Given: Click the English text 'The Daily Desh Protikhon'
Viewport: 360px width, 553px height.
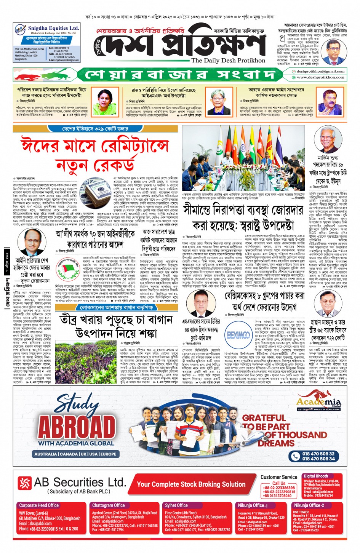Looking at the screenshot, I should pyautogui.click(x=228, y=61).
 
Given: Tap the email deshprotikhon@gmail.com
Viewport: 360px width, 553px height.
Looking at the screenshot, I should pyautogui.click(x=320, y=71).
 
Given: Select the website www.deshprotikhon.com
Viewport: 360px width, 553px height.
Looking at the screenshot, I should pyautogui.click(x=320, y=77).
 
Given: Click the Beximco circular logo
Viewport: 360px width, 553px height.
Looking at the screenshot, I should pyautogui.click(x=238, y=335).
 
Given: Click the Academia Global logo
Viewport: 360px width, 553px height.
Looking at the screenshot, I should pyautogui.click(x=319, y=402).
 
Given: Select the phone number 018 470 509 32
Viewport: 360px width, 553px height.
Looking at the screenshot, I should pyautogui.click(x=318, y=454).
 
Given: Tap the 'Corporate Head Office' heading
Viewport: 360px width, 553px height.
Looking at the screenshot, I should pyautogui.click(x=39, y=505).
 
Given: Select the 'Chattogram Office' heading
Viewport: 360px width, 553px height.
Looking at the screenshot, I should pyautogui.click(x=109, y=505).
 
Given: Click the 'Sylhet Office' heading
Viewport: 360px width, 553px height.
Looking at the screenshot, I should pyautogui.click(x=176, y=505).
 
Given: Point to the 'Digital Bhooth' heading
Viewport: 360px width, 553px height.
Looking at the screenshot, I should pyautogui.click(x=316, y=476).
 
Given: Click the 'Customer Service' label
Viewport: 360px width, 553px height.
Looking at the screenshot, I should pyautogui.click(x=279, y=477).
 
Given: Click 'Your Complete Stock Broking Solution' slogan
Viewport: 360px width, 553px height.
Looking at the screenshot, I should pyautogui.click(x=191, y=484).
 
